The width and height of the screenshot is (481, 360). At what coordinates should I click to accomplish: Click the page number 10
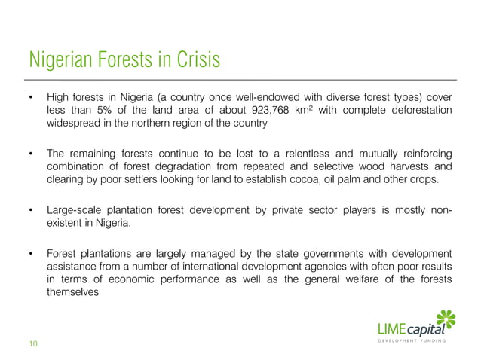click(x=33, y=344)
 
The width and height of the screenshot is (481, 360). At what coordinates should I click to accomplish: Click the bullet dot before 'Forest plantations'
click(x=32, y=253)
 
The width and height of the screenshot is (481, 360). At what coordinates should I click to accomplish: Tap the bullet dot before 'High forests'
click(x=32, y=97)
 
